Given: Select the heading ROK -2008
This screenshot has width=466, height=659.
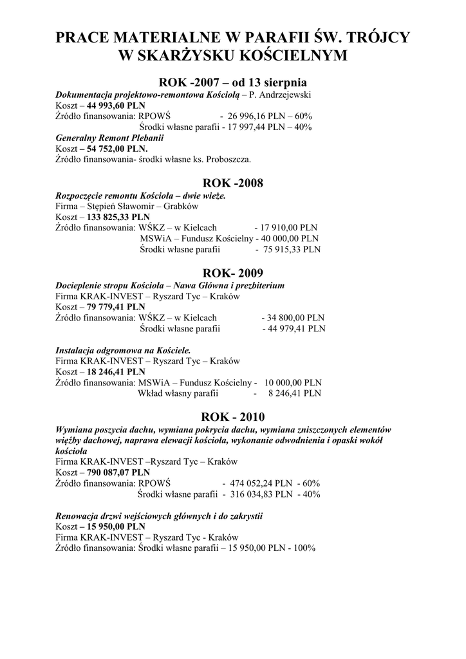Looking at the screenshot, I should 233,183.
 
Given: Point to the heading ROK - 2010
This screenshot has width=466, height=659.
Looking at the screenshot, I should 233,416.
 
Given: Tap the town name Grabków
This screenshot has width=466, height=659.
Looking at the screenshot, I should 181,206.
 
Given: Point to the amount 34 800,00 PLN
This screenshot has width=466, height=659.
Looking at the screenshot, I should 297,317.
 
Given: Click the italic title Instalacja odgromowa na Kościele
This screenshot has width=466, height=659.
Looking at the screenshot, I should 123,350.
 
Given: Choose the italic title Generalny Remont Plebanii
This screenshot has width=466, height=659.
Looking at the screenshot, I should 100,138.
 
